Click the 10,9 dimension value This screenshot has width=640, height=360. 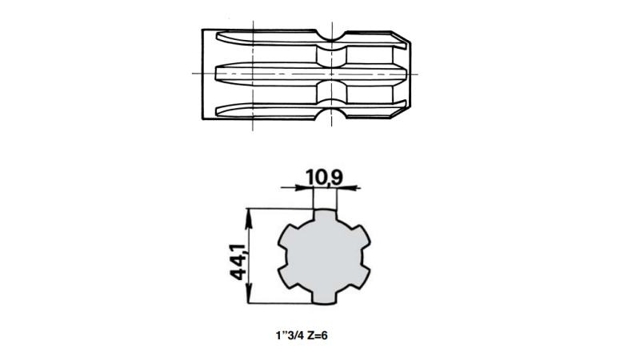pos(325,177)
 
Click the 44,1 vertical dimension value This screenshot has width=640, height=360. pos(238,262)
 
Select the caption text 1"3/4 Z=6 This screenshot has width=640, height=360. pos(302,335)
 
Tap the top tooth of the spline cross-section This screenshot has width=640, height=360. pos(325,216)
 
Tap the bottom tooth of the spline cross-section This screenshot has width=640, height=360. pos(325,297)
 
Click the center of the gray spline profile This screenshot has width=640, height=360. pos(325,257)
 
